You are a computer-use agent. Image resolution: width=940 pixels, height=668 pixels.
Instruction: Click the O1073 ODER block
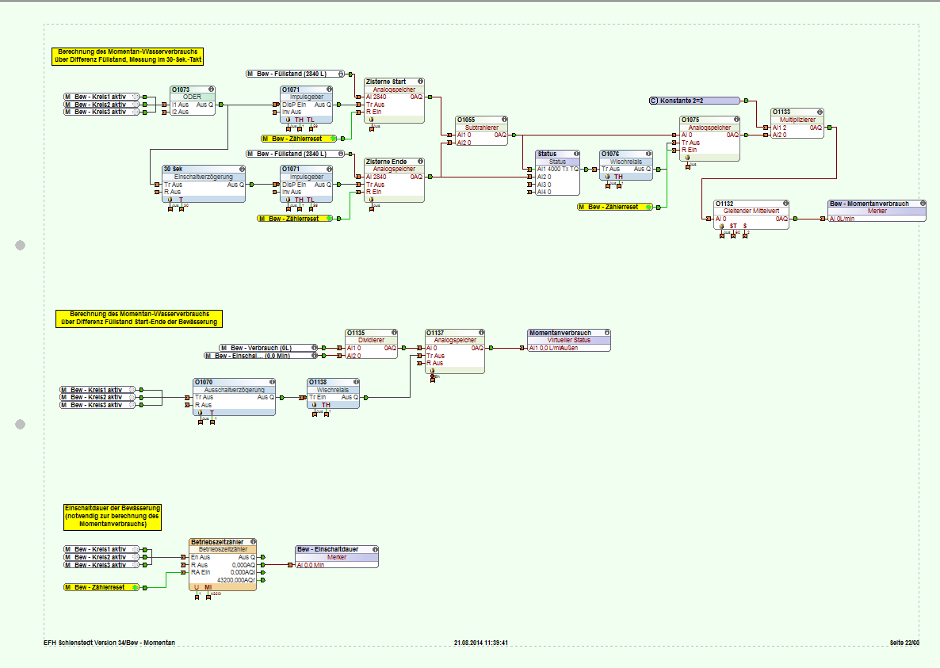coord(193,101)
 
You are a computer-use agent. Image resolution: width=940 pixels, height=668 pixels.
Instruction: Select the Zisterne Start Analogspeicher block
coord(394,101)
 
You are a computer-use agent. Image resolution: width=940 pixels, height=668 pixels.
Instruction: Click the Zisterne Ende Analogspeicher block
coord(394,180)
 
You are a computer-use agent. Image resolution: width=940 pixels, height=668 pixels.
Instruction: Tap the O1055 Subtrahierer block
coord(481,132)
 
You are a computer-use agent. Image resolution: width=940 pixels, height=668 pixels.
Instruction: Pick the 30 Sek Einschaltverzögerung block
coord(203,184)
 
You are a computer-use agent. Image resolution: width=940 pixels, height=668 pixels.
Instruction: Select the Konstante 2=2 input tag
coord(694,101)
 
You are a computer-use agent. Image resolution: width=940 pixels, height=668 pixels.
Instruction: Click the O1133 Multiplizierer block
coord(797,124)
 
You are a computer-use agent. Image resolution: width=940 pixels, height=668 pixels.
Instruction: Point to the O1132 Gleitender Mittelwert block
coord(751,214)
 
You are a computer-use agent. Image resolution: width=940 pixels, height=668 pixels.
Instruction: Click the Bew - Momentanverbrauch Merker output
coord(877,211)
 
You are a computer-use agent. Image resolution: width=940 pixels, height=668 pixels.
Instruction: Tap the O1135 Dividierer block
coord(371,344)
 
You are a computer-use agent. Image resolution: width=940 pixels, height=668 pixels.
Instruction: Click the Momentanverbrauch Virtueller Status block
coord(569,341)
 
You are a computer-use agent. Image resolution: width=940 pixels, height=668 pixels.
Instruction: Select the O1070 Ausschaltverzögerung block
coord(235,395)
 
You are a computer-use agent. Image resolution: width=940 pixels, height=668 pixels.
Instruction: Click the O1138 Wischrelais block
coord(333,393)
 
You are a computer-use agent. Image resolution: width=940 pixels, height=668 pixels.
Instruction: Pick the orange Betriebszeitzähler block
coord(223,563)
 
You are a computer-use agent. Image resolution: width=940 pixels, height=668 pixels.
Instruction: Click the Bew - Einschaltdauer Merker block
coord(337,556)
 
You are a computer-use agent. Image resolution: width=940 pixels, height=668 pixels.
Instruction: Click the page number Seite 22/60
coord(904,643)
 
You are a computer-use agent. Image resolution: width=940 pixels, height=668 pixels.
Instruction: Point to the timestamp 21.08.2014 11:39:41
coord(481,643)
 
